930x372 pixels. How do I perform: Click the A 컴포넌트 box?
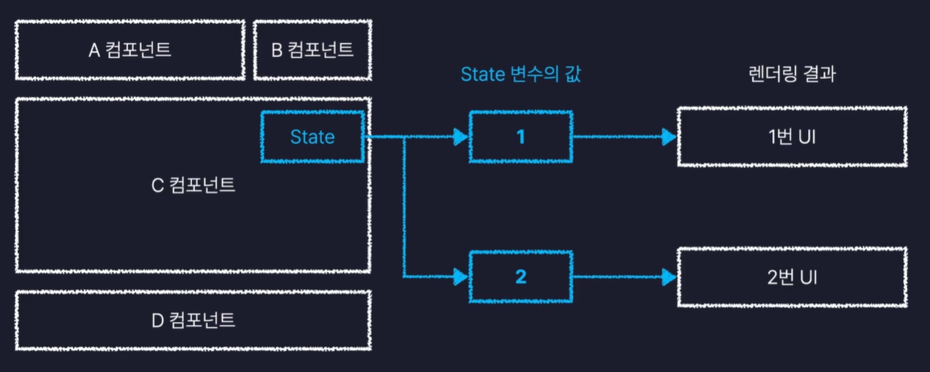tap(130, 51)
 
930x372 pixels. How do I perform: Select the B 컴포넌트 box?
tap(312, 51)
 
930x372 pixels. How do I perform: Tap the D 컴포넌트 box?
tap(193, 320)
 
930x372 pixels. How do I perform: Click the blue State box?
tap(312, 137)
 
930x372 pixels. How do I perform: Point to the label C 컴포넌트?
tap(193, 186)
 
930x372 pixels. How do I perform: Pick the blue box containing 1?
tap(521, 137)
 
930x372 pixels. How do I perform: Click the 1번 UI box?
tap(792, 137)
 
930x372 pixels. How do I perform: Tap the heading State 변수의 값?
tap(520, 75)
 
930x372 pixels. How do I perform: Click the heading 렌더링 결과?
tap(792, 75)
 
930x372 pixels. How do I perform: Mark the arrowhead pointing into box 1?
tap(461, 137)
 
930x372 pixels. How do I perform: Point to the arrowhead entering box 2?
tap(461, 275)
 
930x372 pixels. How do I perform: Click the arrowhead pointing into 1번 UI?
tap(668, 137)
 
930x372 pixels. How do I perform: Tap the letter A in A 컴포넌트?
tap(94, 52)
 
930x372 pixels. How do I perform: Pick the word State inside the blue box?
tap(312, 137)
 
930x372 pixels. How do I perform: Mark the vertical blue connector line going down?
tap(404, 208)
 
